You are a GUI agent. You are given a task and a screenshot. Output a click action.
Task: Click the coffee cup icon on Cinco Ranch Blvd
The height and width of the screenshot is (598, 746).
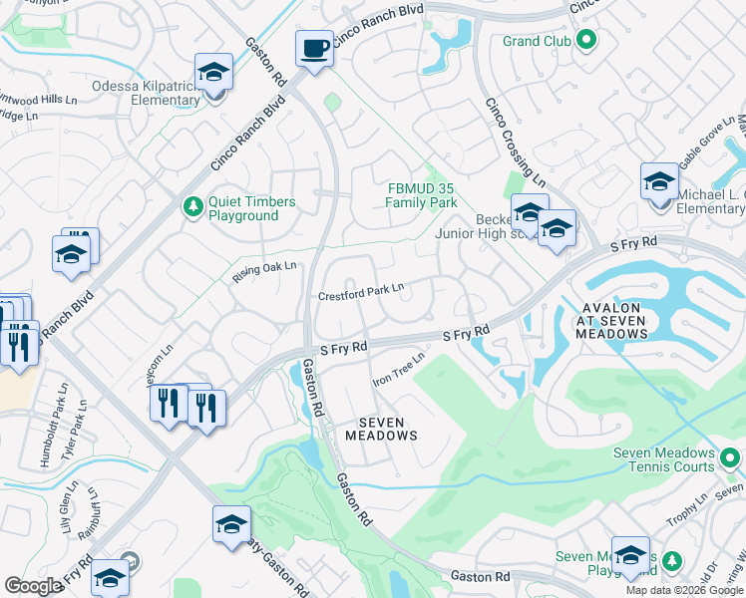(315, 49)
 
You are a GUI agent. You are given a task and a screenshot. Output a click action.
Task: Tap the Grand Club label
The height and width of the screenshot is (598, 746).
(537, 41)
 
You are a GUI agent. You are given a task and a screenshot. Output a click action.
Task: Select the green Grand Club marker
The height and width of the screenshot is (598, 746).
(586, 41)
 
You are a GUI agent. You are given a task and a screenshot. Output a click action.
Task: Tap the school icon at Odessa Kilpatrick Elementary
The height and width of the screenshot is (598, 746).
(213, 73)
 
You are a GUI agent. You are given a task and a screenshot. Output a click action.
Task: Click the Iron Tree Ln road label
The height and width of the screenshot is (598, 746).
(398, 368)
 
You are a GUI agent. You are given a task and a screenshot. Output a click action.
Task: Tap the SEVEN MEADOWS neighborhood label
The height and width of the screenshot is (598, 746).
(381, 429)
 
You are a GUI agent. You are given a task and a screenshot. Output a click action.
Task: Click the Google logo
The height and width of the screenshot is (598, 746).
(33, 586)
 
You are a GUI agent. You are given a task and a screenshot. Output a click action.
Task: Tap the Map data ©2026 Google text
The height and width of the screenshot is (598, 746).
(685, 590)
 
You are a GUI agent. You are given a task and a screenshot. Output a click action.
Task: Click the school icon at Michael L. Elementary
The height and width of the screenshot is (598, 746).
(659, 182)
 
